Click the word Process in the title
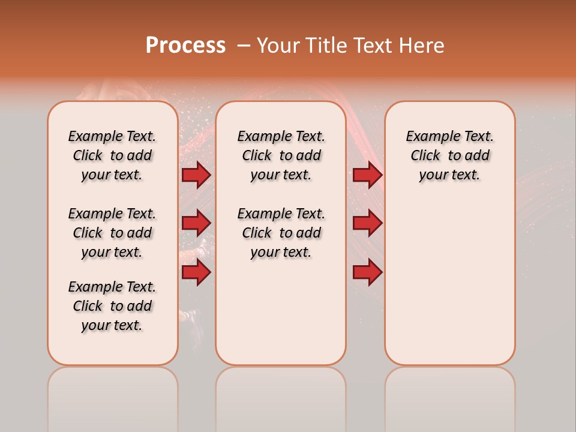coord(185,46)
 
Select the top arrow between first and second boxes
coord(196,175)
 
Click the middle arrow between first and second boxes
coord(196,223)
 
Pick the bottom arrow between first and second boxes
coord(196,272)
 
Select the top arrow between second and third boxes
coord(367,175)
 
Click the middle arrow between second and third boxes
coord(367,223)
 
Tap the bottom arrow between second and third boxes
coord(367,272)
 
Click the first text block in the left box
coord(112,155)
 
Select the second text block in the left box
coord(112,233)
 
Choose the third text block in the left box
coord(112,306)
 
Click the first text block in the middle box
coord(281,155)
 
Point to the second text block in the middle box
coord(281,233)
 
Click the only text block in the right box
coord(449,155)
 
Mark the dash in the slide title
coord(244,46)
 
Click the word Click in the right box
coord(425,156)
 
